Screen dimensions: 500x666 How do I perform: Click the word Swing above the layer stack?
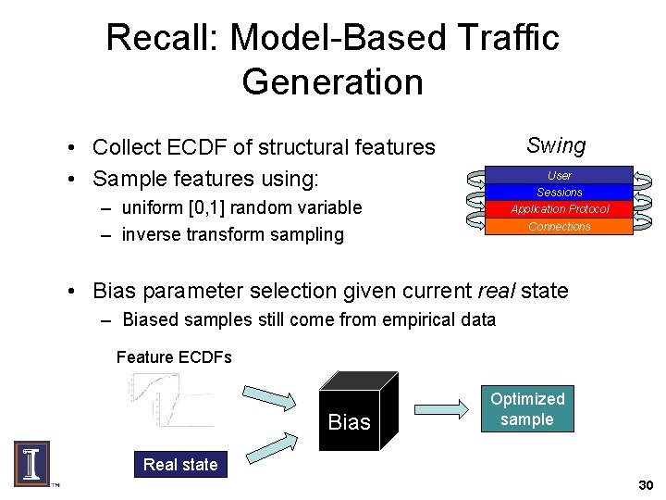(556, 145)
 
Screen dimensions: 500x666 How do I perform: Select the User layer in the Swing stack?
(559, 175)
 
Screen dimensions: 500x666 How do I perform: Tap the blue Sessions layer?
(559, 192)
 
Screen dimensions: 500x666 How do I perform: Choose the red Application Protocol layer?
(559, 208)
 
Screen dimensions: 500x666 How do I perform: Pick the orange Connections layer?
(559, 226)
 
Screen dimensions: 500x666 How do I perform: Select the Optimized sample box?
(527, 409)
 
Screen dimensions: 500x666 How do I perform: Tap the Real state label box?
(180, 465)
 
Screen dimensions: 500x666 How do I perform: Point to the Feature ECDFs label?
(174, 357)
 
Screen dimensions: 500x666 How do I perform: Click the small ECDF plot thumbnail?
(171, 400)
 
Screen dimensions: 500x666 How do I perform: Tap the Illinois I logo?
(31, 463)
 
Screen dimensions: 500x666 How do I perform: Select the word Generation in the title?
(332, 81)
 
